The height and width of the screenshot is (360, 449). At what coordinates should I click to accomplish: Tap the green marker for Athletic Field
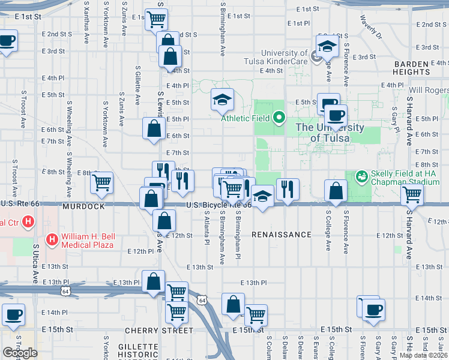click(279, 118)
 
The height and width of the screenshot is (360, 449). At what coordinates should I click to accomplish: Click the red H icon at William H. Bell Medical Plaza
click(52, 240)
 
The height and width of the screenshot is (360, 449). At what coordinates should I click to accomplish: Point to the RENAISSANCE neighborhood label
click(282, 235)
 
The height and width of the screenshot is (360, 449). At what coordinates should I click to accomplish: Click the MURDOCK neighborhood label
click(83, 206)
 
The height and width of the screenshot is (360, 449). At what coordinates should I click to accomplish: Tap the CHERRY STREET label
click(159, 331)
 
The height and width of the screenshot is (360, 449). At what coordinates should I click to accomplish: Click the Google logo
click(20, 353)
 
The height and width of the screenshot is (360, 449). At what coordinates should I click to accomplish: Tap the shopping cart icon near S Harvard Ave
click(412, 193)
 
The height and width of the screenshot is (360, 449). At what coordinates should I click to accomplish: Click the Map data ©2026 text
click(423, 355)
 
